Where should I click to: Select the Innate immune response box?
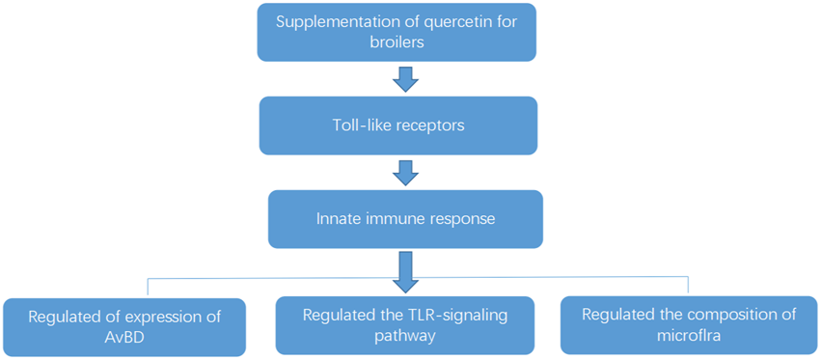tap(406, 218)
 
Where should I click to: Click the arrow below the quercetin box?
tap(406, 77)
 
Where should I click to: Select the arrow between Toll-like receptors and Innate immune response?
tap(406, 172)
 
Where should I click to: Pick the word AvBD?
tap(125, 338)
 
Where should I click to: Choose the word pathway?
tap(406, 337)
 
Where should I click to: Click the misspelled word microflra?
tap(690, 337)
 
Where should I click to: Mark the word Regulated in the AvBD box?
tap(64, 317)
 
